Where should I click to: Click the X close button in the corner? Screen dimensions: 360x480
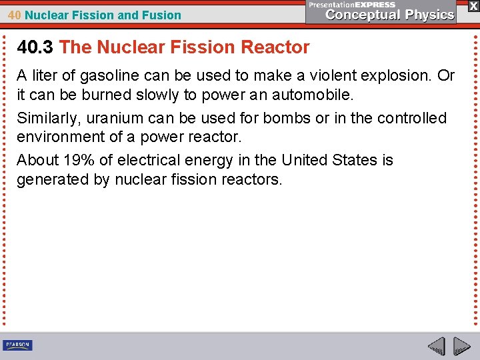pos(473,5)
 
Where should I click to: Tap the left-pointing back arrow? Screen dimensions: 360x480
pos(436,347)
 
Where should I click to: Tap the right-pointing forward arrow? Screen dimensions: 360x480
pos(462,347)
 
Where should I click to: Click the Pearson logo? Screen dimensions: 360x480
pos(17,345)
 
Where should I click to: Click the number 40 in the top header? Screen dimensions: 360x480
pos(11,15)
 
